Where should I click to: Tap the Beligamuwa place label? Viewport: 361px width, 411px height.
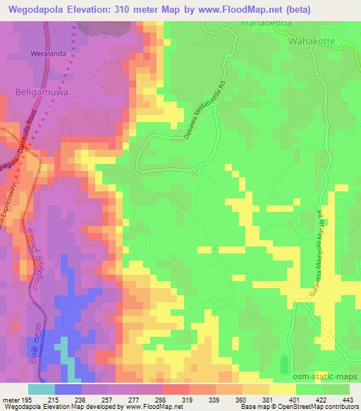[x=39, y=92]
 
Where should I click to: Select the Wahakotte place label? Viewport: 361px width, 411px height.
[x=312, y=41]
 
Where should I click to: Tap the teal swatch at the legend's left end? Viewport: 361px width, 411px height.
[x=41, y=389]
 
